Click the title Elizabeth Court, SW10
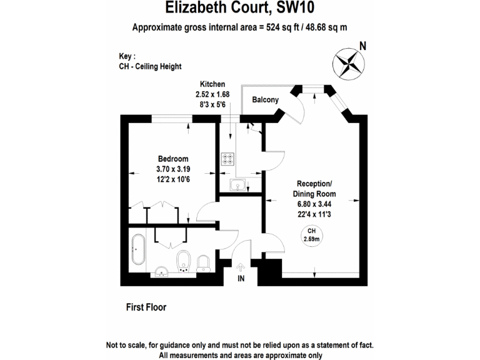[239, 8]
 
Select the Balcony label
[265, 100]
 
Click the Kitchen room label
[212, 84]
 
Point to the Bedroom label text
[172, 159]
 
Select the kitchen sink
[237, 185]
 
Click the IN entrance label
[241, 279]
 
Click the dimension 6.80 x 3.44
[314, 204]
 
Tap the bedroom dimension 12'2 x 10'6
[172, 179]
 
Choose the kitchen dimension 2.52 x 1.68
[212, 94]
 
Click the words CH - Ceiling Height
[150, 66]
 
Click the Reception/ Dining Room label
[314, 189]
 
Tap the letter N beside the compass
[362, 45]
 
